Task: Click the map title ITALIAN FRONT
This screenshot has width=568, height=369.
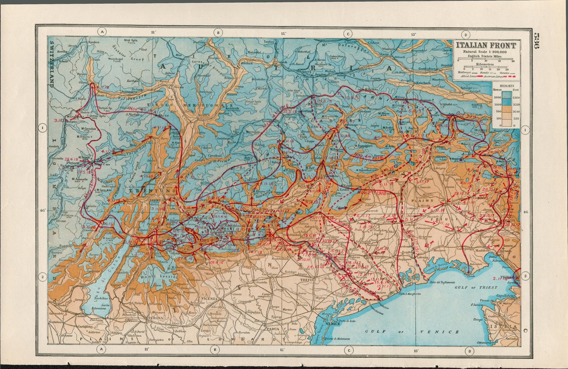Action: (x=486, y=45)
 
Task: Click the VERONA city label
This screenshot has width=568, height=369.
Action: (x=155, y=318)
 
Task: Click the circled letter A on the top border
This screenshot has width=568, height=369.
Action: (x=102, y=32)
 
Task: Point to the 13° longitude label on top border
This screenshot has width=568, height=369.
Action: (x=413, y=35)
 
